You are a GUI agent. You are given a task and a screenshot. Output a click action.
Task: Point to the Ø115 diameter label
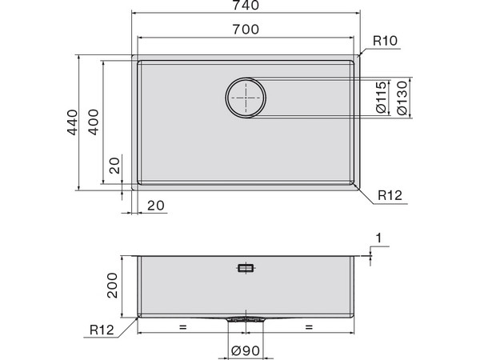[x=381, y=98]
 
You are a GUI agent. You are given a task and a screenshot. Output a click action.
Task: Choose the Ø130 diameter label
[x=402, y=98]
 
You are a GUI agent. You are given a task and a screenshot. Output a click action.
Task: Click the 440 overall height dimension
[x=71, y=122]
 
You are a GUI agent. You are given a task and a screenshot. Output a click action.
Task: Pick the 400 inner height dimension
[x=96, y=122]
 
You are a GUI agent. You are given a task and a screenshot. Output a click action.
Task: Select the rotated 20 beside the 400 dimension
[x=114, y=167]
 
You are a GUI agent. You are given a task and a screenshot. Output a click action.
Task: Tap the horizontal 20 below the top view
[x=156, y=206]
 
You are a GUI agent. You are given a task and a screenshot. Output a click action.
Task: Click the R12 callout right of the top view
[x=389, y=194]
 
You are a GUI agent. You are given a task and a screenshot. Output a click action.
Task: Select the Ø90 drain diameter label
[x=246, y=350]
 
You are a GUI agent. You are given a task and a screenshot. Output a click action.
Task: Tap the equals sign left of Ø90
[x=182, y=327]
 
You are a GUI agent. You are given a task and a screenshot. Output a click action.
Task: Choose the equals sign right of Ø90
[x=308, y=327]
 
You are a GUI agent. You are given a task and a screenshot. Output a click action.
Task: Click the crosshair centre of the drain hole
[x=246, y=98]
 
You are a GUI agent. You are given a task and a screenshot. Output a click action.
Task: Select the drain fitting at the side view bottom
[x=246, y=318]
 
